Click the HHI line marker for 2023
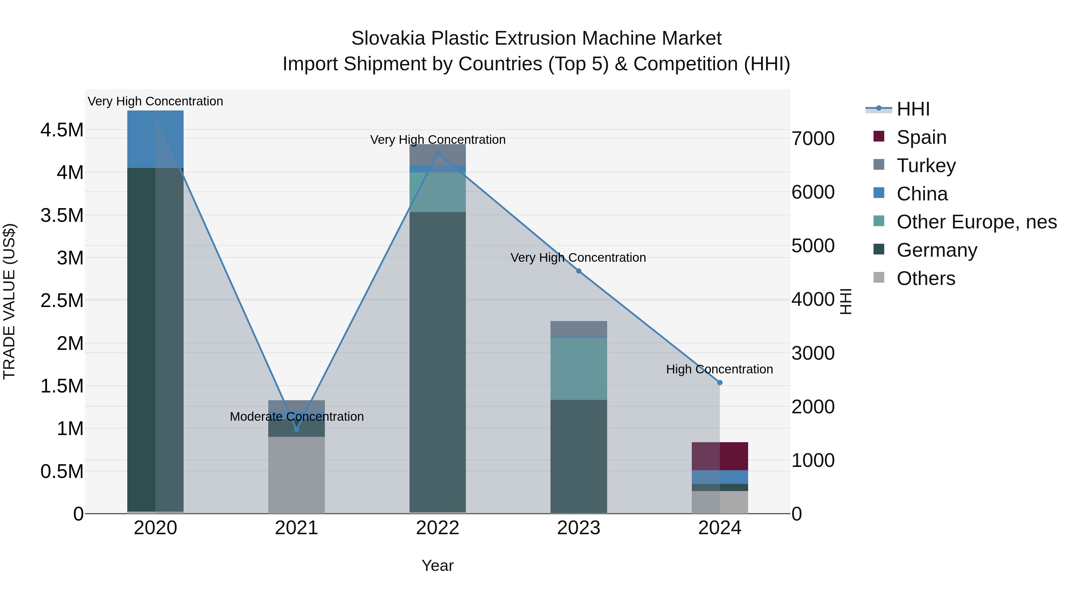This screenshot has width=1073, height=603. (x=579, y=271)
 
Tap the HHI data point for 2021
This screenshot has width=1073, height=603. (x=297, y=429)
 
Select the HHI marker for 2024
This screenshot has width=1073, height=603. (x=720, y=382)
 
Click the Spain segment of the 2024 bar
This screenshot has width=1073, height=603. (x=720, y=456)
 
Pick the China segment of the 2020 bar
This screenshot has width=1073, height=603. (x=155, y=139)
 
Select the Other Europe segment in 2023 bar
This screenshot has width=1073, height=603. (x=579, y=368)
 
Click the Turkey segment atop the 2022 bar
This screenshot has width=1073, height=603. (x=437, y=154)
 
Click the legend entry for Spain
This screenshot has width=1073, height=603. (x=921, y=137)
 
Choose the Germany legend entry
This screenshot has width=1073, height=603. (x=936, y=250)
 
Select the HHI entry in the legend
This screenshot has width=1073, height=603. (x=913, y=109)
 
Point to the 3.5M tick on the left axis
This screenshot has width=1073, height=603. (x=62, y=216)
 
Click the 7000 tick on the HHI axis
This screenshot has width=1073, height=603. (x=813, y=138)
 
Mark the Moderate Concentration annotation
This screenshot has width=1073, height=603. (x=297, y=417)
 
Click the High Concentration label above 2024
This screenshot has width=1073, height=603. (x=720, y=369)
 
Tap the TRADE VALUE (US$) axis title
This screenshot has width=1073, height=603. (x=10, y=301)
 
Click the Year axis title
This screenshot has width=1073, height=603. (x=437, y=565)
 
